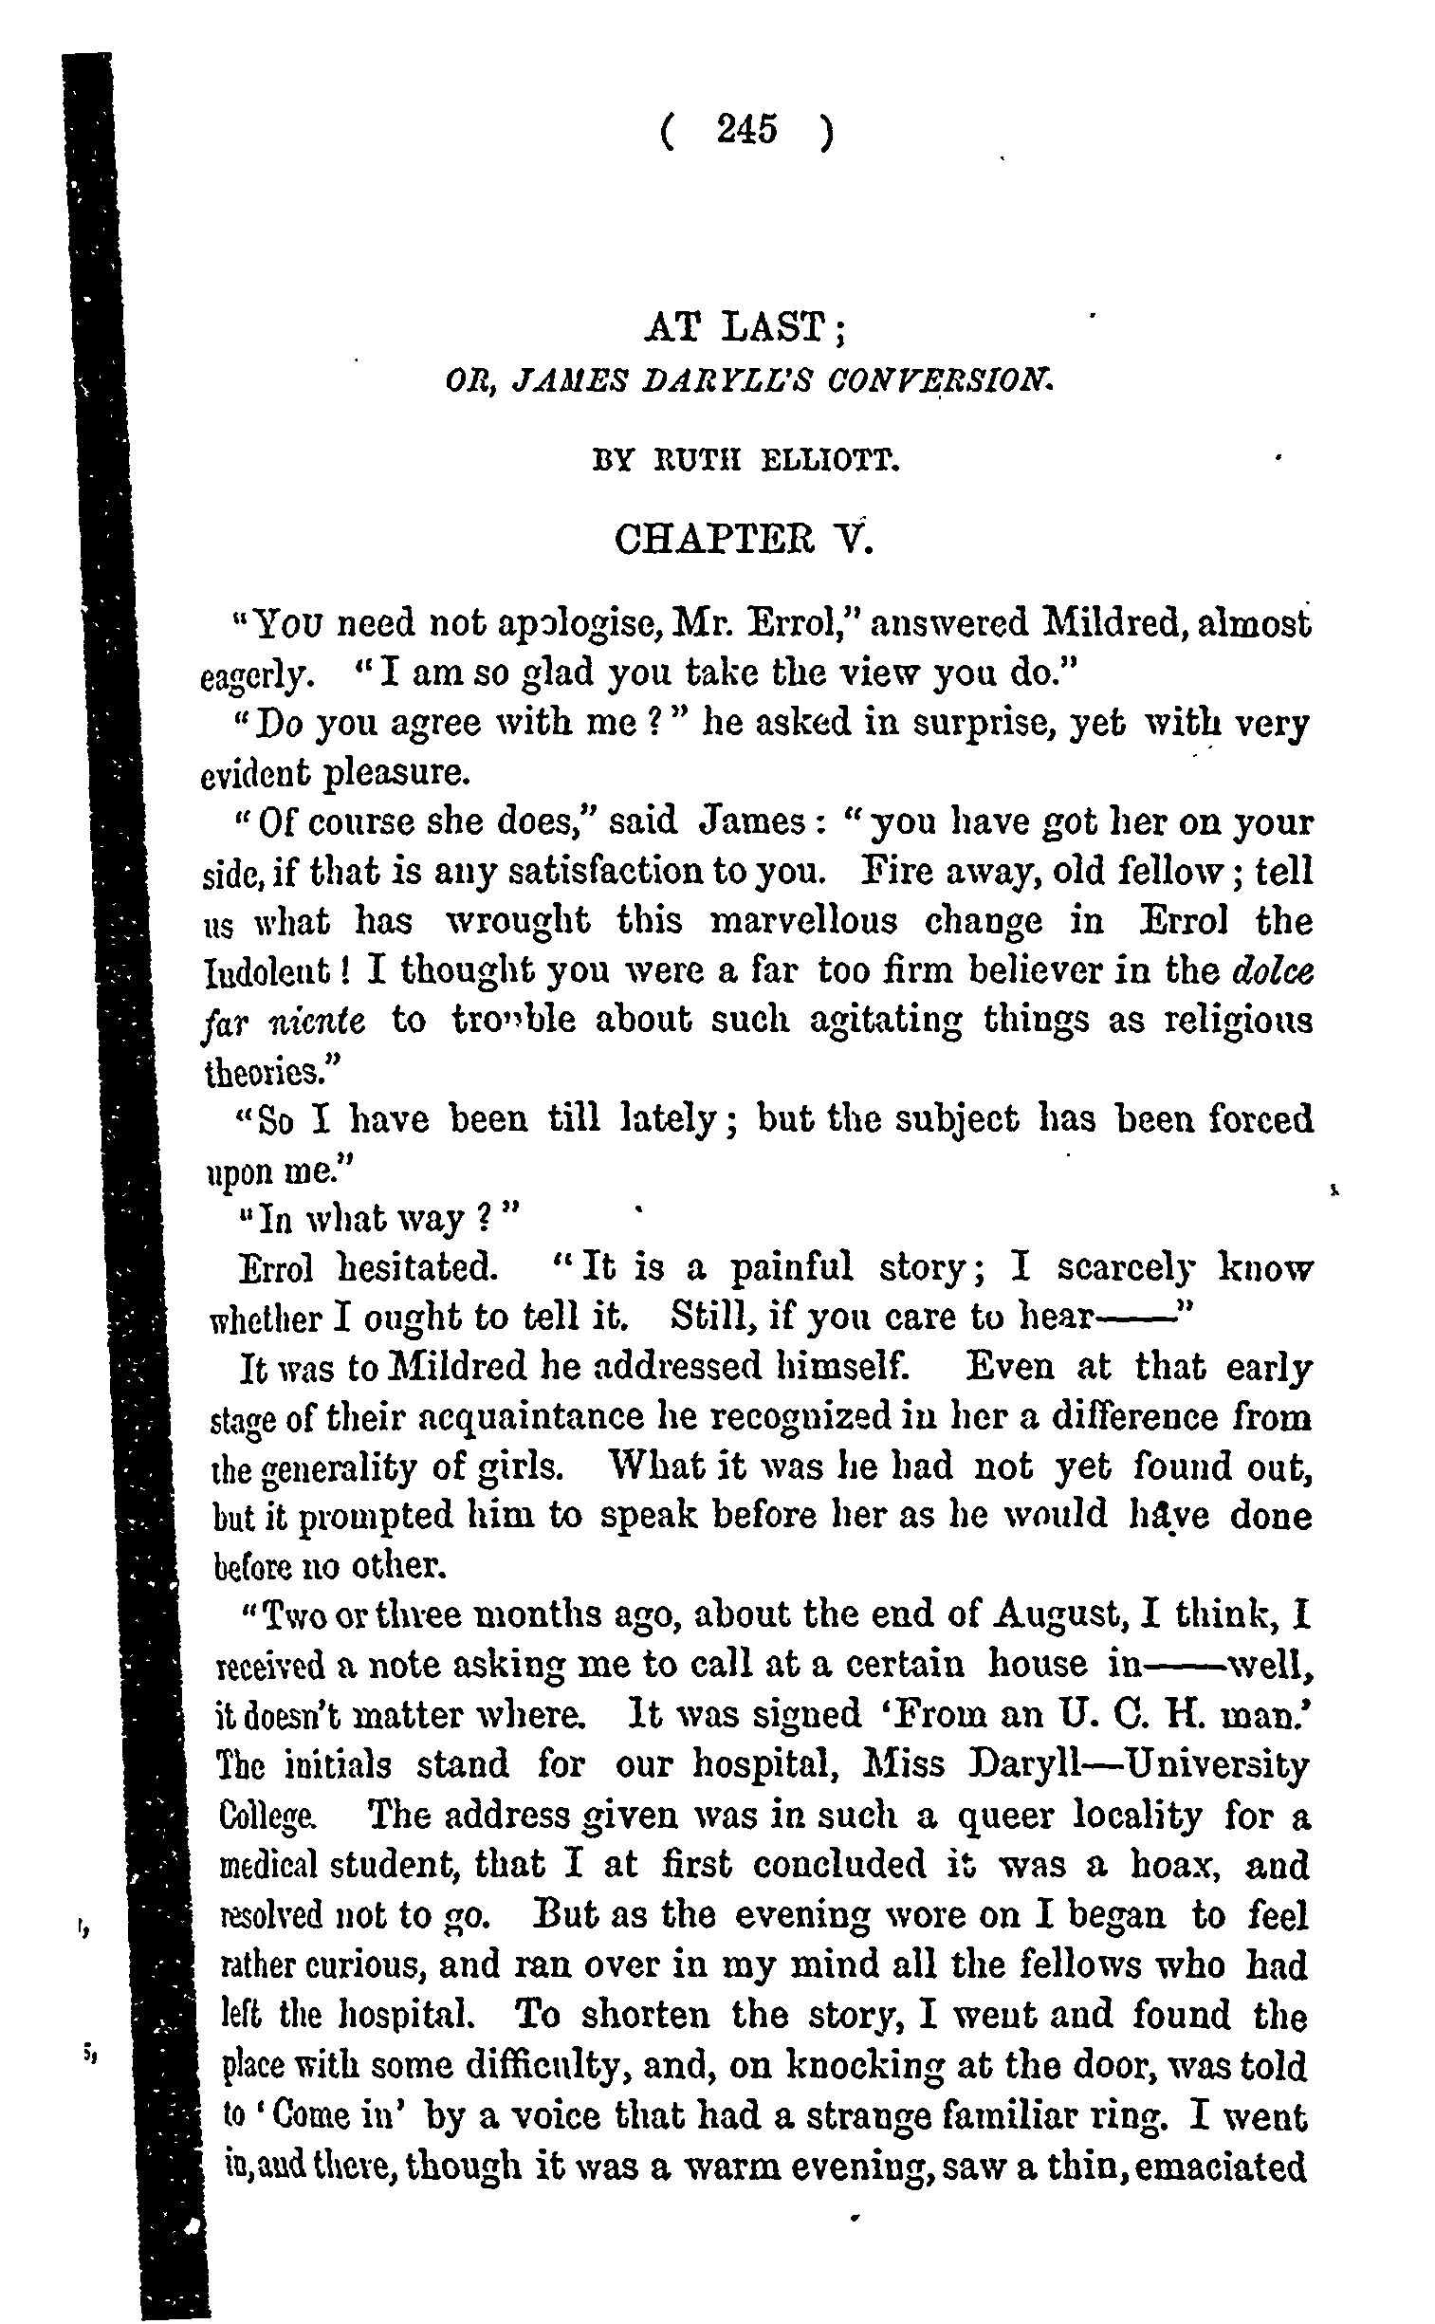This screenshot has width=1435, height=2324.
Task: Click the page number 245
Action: tap(747, 130)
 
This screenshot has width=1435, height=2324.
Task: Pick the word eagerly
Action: tap(253, 677)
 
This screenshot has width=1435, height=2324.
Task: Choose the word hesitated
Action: tap(416, 1268)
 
